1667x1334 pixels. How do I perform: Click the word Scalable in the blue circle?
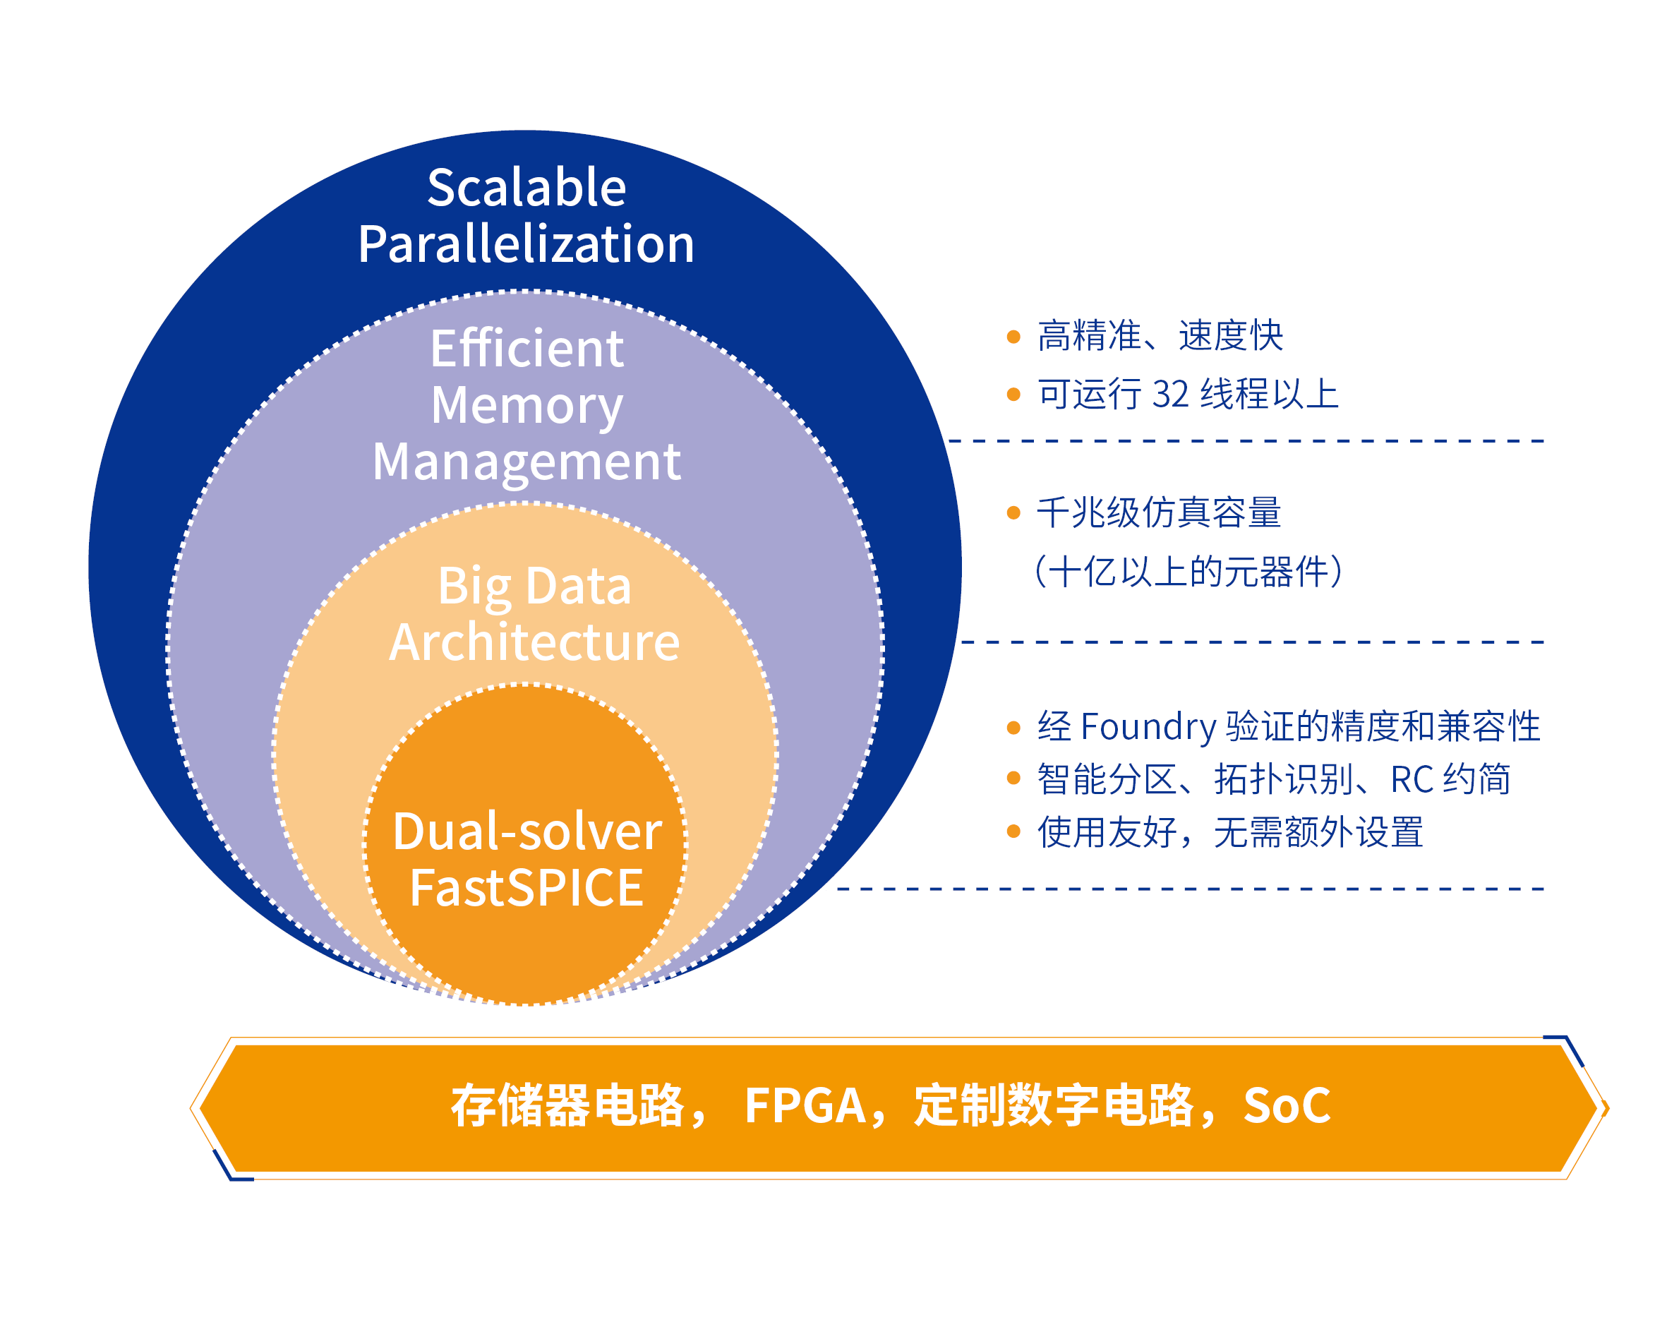pyautogui.click(x=526, y=188)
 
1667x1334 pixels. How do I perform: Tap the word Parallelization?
pyautogui.click(x=526, y=244)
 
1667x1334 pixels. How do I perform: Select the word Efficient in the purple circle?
pyautogui.click(x=526, y=349)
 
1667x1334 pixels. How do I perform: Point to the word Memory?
pyautogui.click(x=526, y=405)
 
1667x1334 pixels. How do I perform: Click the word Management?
pyautogui.click(x=526, y=462)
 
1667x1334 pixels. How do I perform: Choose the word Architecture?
pyautogui.click(x=534, y=642)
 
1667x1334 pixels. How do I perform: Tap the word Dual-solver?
pyautogui.click(x=527, y=832)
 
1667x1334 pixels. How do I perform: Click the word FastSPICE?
pyautogui.click(x=526, y=888)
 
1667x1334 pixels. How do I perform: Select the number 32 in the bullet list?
pyautogui.click(x=1170, y=395)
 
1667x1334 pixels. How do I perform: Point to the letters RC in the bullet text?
pyautogui.click(x=1412, y=779)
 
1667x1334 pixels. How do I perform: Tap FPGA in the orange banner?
pyautogui.click(x=804, y=1105)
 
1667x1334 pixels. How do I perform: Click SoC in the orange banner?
pyautogui.click(x=1287, y=1105)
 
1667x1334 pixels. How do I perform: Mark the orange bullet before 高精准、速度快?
pyautogui.click(x=1013, y=337)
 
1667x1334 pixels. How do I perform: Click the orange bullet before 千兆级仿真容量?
pyautogui.click(x=1013, y=512)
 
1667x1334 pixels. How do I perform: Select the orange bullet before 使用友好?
pyautogui.click(x=1013, y=832)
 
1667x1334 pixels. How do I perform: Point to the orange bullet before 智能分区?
pyautogui.click(x=1013, y=779)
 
